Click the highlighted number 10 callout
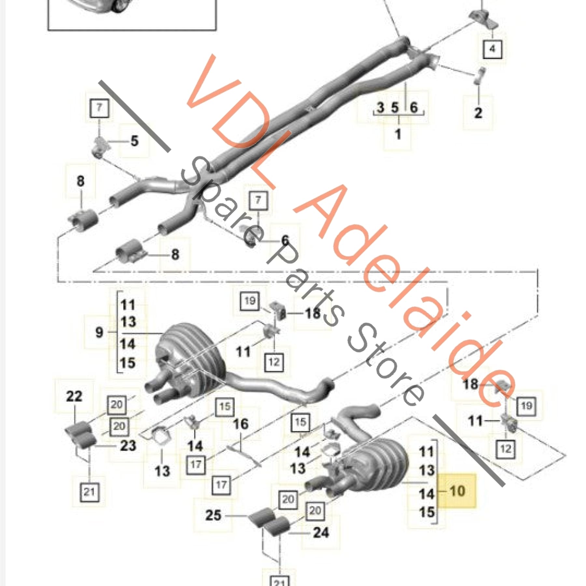(x=457, y=491)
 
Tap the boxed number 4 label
(x=492, y=49)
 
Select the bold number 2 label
(x=478, y=113)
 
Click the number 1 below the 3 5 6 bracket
(x=398, y=134)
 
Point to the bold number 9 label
(x=99, y=332)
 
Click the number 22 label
(x=74, y=396)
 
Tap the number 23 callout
(x=128, y=445)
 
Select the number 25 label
(x=213, y=515)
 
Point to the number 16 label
(x=241, y=424)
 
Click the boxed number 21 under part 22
(x=89, y=492)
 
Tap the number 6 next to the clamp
(x=285, y=240)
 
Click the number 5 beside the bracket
(x=134, y=141)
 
